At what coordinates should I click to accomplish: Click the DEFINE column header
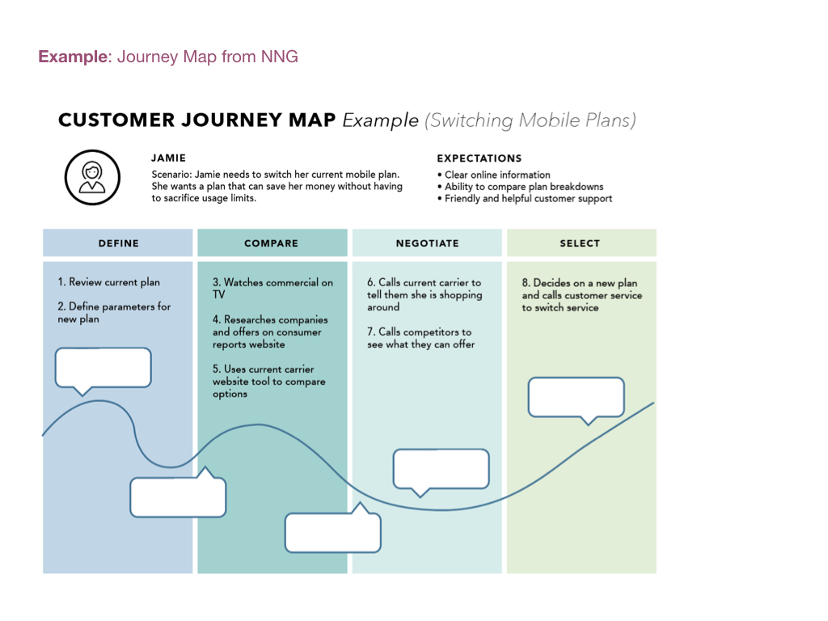point(118,243)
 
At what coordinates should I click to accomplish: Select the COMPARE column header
point(271,243)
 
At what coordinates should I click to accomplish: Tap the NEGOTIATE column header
point(427,243)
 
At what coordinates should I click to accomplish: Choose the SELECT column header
point(580,243)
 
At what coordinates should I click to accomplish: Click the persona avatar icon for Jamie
point(92,177)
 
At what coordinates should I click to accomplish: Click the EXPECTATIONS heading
point(479,158)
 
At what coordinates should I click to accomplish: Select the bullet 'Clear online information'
point(497,175)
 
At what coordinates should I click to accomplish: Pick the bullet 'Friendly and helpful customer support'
point(528,199)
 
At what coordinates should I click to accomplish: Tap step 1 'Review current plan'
point(109,282)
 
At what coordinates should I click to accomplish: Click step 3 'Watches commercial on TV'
point(272,289)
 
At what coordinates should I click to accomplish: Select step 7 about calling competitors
point(420,338)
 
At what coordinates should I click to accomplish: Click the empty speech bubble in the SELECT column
point(576,397)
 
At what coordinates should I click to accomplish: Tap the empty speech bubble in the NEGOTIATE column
point(441,469)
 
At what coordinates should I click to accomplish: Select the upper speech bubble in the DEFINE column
point(103,368)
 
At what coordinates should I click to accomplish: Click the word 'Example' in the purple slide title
point(73,57)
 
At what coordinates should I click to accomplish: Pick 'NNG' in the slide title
point(280,57)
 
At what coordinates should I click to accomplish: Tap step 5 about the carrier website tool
point(269,382)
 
